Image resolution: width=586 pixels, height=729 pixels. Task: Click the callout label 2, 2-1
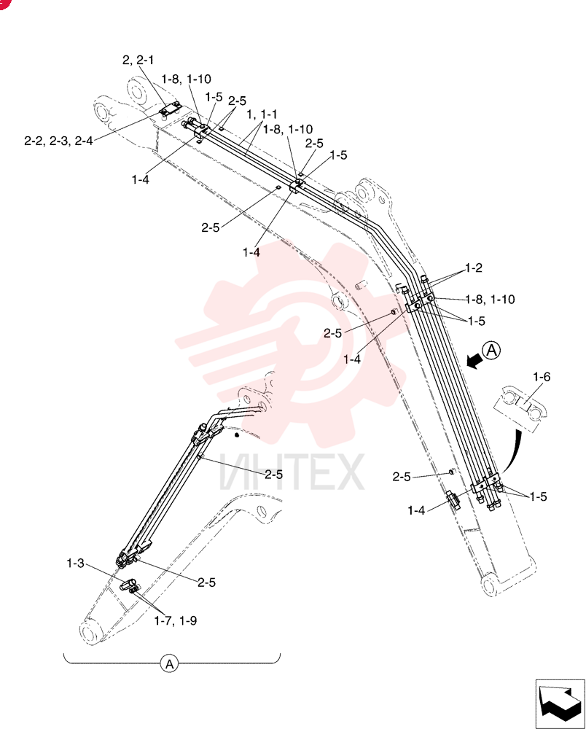(x=138, y=60)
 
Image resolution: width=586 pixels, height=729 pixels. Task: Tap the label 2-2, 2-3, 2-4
(x=58, y=141)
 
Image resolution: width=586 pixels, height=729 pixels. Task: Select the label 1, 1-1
(x=262, y=114)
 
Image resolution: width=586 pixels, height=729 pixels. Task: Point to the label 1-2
(x=474, y=268)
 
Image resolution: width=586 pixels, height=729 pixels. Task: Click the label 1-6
(x=542, y=377)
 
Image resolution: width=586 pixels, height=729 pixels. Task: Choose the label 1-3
(x=75, y=564)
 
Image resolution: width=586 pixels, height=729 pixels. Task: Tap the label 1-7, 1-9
(x=175, y=620)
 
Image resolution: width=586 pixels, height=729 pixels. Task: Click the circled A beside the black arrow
(x=492, y=350)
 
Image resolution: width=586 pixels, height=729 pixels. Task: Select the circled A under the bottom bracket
(x=170, y=664)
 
